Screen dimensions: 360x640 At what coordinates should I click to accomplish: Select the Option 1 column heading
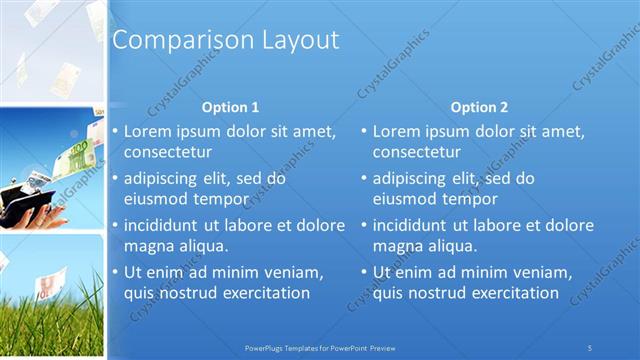230,107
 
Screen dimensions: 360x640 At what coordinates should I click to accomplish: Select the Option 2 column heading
479,107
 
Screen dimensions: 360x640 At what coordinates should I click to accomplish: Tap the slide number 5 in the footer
590,347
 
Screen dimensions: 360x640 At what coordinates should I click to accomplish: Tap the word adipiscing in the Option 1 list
163,179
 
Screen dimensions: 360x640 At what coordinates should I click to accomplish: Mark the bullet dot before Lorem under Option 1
115,132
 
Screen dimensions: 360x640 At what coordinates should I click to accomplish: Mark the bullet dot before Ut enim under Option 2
365,272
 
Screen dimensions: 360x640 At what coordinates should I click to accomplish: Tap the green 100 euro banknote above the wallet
78,155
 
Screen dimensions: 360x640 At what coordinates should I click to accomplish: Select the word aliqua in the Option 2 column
449,246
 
